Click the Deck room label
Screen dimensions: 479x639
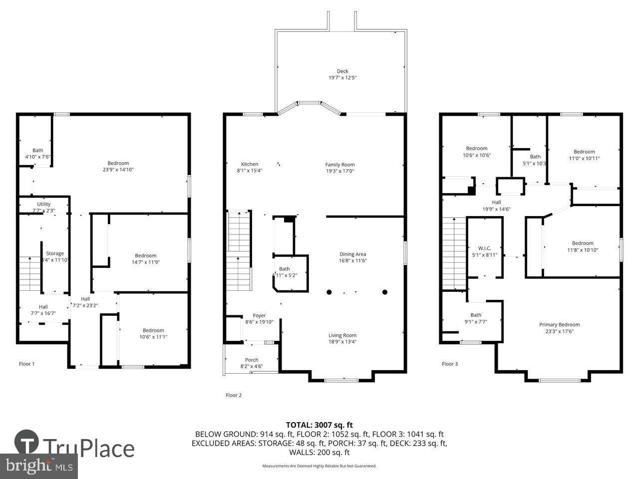[342, 71]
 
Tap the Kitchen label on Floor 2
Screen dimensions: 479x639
[250, 164]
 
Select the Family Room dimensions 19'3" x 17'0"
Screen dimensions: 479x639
[340, 171]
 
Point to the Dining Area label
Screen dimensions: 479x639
[352, 254]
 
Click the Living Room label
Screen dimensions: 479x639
[342, 335]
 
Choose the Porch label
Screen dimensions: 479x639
[252, 360]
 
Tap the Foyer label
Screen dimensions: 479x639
[259, 315]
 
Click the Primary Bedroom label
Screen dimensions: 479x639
[559, 324]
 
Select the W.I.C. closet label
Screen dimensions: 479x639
[484, 248]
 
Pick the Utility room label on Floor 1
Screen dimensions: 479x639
[44, 204]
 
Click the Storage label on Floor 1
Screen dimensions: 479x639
[55, 253]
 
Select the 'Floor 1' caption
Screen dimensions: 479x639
[26, 364]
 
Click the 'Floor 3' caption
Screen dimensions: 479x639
[449, 364]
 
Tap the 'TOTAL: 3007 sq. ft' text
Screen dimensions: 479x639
[319, 425]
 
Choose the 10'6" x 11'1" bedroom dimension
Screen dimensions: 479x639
[153, 337]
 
